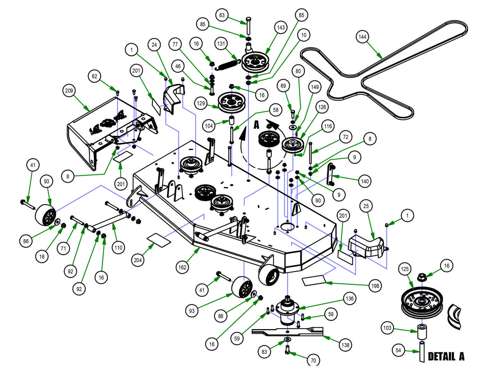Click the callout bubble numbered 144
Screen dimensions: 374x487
tap(362, 37)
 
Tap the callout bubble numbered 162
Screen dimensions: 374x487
tap(182, 267)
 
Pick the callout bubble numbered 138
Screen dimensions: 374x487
tap(345, 345)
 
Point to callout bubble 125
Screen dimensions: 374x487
tap(405, 269)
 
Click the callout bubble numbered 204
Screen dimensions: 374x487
tap(138, 260)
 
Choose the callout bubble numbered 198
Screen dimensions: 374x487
tap(375, 286)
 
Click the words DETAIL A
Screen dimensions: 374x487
tap(446, 356)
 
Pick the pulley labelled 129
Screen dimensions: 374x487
tap(231, 101)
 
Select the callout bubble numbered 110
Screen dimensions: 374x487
tap(118, 248)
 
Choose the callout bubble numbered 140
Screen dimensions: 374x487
tap(365, 181)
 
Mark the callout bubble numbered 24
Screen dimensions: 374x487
tap(154, 45)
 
